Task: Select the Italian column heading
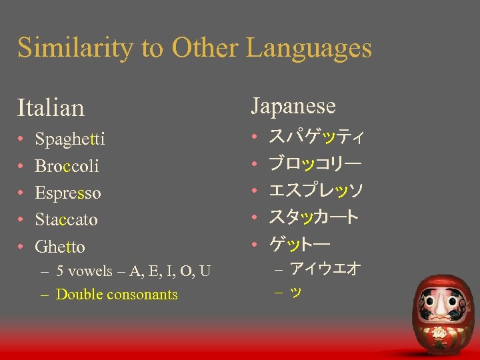coord(51,107)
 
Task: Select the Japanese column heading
coord(293,106)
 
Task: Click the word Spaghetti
coord(70,139)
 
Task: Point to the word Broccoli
coord(66,166)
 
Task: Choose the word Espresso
coord(68,193)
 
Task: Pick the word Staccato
coord(66,219)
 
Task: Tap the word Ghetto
coord(60,247)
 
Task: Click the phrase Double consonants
coord(117,294)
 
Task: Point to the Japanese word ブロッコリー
coord(315,164)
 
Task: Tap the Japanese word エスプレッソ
coord(315,191)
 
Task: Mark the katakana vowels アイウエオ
coord(325,269)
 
